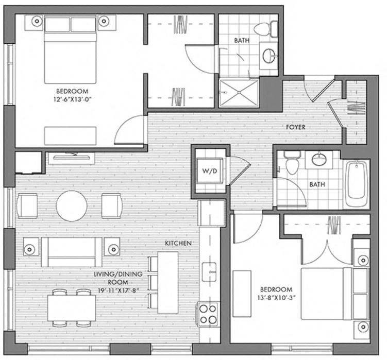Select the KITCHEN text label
(178, 243)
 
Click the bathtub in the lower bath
(357, 184)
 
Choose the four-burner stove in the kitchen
(209, 313)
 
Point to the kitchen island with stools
(167, 282)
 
